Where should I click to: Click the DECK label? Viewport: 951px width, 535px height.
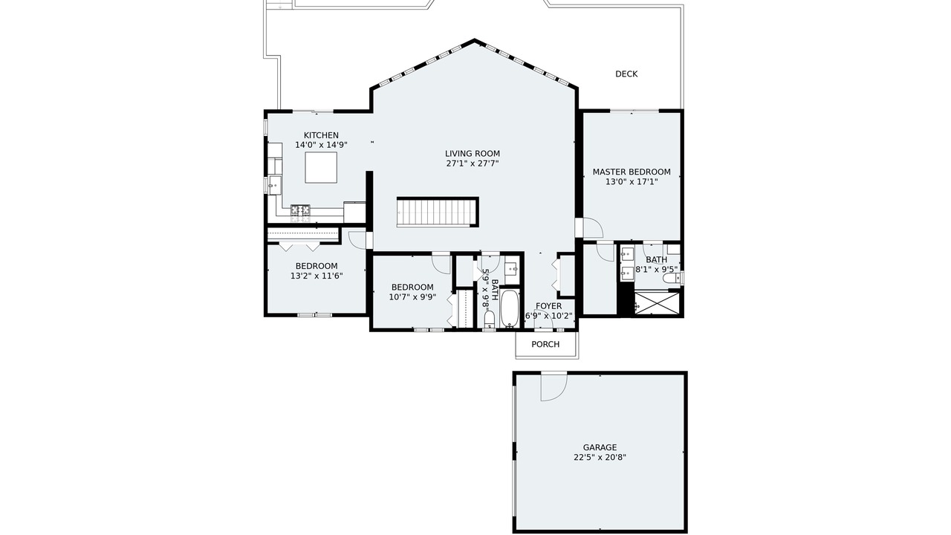pos(626,74)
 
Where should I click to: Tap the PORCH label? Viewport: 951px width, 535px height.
pos(545,344)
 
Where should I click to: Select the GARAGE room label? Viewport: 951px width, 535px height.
pos(600,447)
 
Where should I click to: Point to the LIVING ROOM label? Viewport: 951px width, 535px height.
pos(473,154)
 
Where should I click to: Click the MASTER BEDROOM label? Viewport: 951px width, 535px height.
pos(632,172)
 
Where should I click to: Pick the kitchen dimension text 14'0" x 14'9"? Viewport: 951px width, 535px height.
pos(322,145)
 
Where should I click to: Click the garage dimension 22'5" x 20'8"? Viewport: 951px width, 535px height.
pos(600,457)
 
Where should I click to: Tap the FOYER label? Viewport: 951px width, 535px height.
pos(548,306)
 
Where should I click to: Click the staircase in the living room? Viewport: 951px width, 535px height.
pos(438,212)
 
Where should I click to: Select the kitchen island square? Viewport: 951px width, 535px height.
pos(321,167)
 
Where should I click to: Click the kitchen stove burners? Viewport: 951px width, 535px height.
pos(300,213)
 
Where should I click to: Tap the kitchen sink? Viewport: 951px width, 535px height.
pos(275,185)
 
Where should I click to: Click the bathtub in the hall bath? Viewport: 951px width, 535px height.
pos(510,308)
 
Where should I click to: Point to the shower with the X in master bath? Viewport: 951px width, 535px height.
pos(656,302)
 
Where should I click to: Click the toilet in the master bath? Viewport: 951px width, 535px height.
pos(672,278)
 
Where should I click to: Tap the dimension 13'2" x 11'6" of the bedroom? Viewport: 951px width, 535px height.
pos(317,276)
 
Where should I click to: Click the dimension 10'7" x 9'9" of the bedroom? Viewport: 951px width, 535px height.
pos(412,297)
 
